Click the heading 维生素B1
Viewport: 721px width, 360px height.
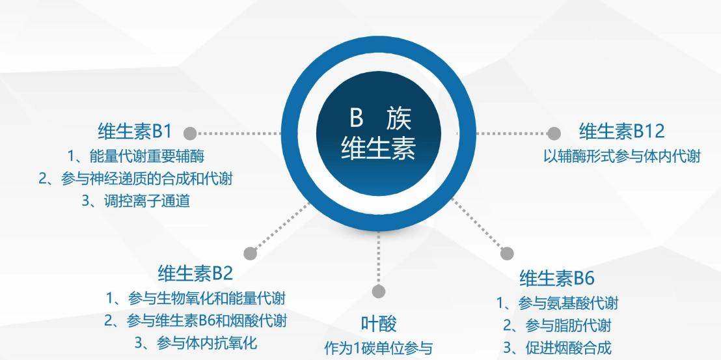(134, 132)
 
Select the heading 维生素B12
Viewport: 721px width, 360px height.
(621, 132)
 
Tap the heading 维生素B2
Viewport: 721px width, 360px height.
(195, 273)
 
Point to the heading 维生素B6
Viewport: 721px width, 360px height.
(557, 278)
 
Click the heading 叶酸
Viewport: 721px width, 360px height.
(379, 324)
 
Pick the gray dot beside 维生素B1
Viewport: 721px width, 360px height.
(190, 133)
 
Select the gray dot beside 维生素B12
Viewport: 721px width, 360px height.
(554, 133)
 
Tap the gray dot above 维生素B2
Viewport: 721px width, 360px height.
(250, 253)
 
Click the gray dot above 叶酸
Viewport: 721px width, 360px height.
(379, 291)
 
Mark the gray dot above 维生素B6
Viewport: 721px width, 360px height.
(507, 253)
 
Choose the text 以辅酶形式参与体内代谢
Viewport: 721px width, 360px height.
(621, 156)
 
